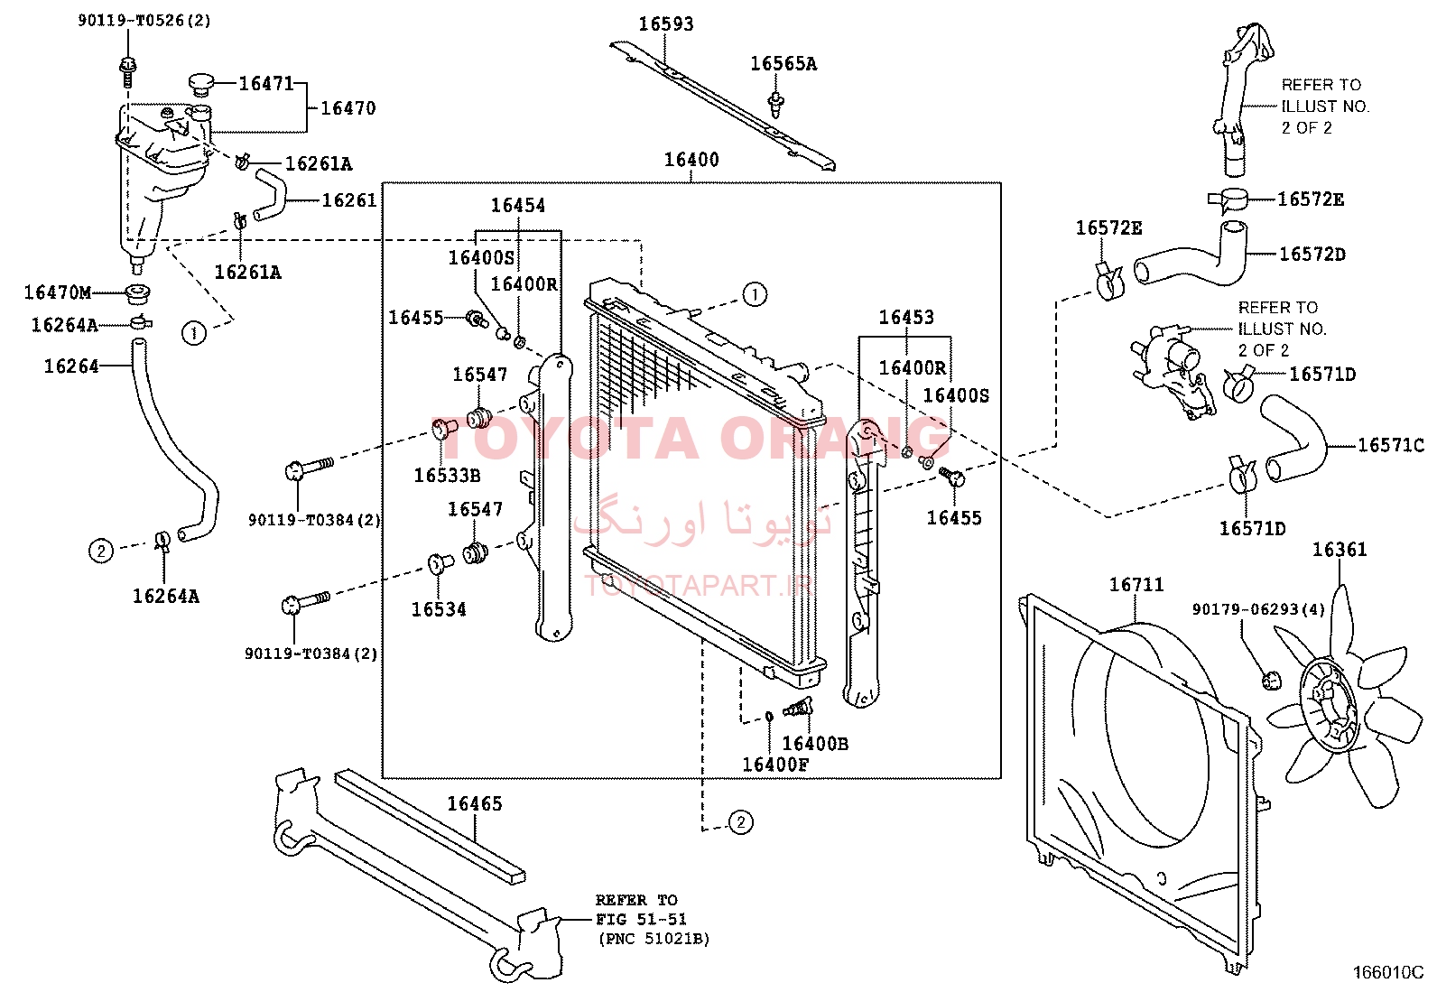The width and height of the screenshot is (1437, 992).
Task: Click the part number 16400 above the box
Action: (x=691, y=159)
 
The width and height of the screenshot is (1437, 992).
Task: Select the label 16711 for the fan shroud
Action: (x=1136, y=585)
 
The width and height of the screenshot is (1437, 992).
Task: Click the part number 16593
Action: (x=666, y=23)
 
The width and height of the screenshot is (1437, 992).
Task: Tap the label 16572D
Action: (x=1312, y=255)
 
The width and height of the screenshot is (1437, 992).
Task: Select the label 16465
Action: (x=475, y=803)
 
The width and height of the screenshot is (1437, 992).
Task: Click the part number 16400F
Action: (x=775, y=765)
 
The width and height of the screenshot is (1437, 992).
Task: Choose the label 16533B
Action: (x=447, y=476)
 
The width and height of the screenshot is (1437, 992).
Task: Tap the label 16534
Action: (x=439, y=609)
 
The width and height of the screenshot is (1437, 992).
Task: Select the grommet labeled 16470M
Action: (x=136, y=294)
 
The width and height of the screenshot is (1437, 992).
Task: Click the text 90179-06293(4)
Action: (x=1258, y=609)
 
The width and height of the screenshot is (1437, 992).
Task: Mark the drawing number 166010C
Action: (x=1388, y=973)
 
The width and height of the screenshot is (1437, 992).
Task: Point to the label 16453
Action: (x=906, y=316)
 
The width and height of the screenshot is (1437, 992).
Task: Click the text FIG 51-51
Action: (x=641, y=919)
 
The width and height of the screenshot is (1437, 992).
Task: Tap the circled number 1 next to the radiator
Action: (x=754, y=294)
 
